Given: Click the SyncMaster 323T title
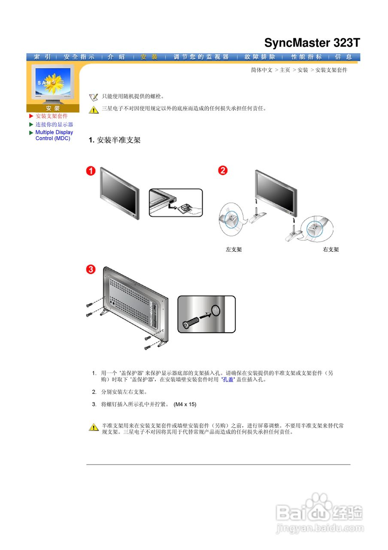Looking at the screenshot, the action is pyautogui.click(x=312, y=43).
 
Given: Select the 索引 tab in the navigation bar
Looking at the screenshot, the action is pyautogui.click(x=42, y=57).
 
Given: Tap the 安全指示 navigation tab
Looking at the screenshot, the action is pyautogui.click(x=79, y=57).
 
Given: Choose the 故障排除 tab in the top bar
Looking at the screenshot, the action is pyautogui.click(x=260, y=57).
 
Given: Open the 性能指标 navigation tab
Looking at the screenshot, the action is pyautogui.click(x=306, y=57).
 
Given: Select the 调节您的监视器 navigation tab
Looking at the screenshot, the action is pyautogui.click(x=201, y=57).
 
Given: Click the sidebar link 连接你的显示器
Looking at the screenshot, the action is pyautogui.click(x=54, y=124).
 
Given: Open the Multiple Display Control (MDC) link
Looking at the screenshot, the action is pyautogui.click(x=54, y=135).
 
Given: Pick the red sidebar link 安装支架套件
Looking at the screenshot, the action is pyautogui.click(x=52, y=116).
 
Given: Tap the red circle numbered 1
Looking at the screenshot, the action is pyautogui.click(x=90, y=171).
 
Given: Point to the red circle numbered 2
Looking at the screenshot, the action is pyautogui.click(x=223, y=171).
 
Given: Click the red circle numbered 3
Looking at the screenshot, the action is pyautogui.click(x=91, y=269).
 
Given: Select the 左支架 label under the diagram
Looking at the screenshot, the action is pyautogui.click(x=234, y=249).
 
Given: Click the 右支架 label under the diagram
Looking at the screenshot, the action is pyautogui.click(x=331, y=249).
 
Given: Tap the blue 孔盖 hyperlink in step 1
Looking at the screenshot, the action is pyautogui.click(x=228, y=380).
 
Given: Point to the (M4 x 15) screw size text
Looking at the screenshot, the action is pyautogui.click(x=185, y=404).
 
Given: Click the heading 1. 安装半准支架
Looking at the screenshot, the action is pyautogui.click(x=115, y=140).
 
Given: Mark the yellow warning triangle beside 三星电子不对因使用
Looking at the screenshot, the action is pyautogui.click(x=94, y=110).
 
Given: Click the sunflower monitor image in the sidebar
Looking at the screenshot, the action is pyautogui.click(x=53, y=84).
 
